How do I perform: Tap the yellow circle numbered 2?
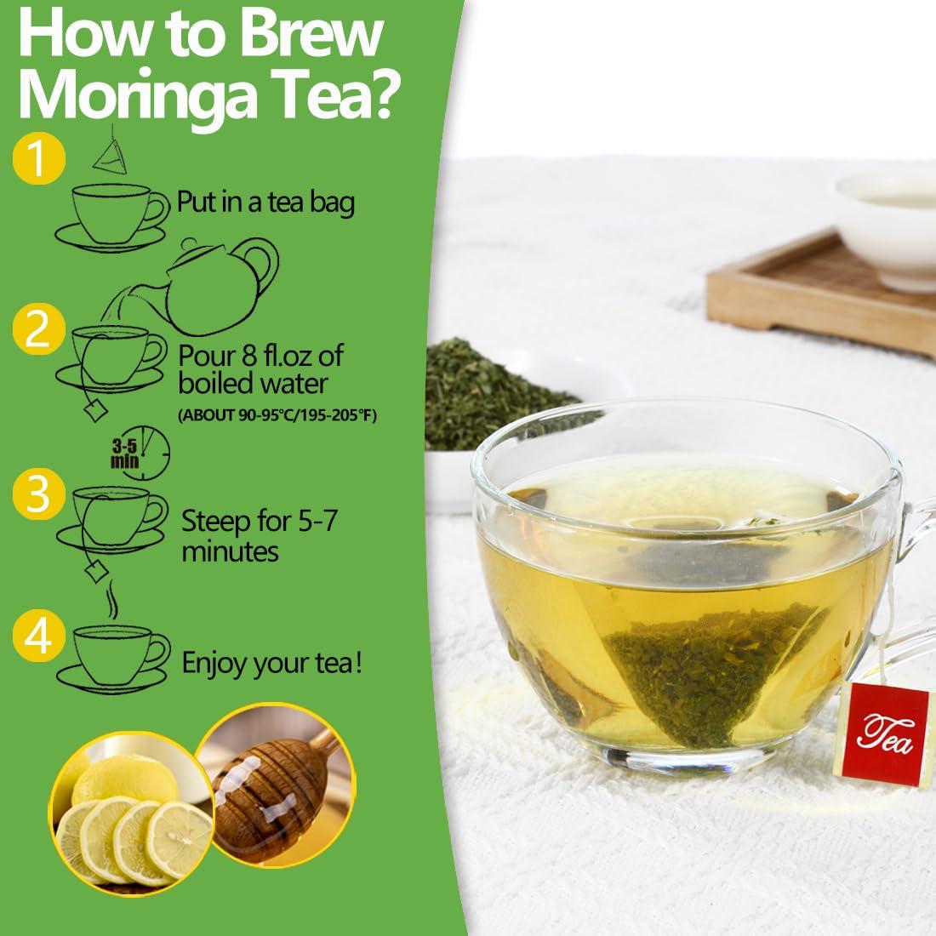(x=38, y=331)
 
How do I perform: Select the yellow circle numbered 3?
(x=37, y=496)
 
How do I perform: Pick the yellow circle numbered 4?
(x=37, y=637)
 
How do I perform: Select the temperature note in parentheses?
(x=277, y=415)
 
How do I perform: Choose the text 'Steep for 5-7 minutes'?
(x=259, y=535)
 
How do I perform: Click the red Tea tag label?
(x=885, y=725)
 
